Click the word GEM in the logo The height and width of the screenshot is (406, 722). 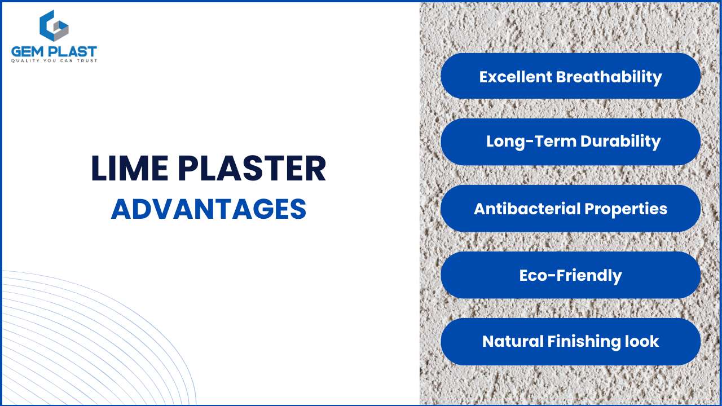tap(28, 52)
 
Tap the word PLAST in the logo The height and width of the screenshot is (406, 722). tap(72, 52)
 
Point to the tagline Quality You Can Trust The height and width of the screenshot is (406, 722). tap(54, 61)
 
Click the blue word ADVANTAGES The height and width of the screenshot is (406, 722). tap(209, 209)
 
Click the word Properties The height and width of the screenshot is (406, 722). tap(626, 209)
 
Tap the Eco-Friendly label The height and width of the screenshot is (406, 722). tap(570, 275)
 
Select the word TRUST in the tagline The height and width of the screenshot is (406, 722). tap(87, 61)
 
